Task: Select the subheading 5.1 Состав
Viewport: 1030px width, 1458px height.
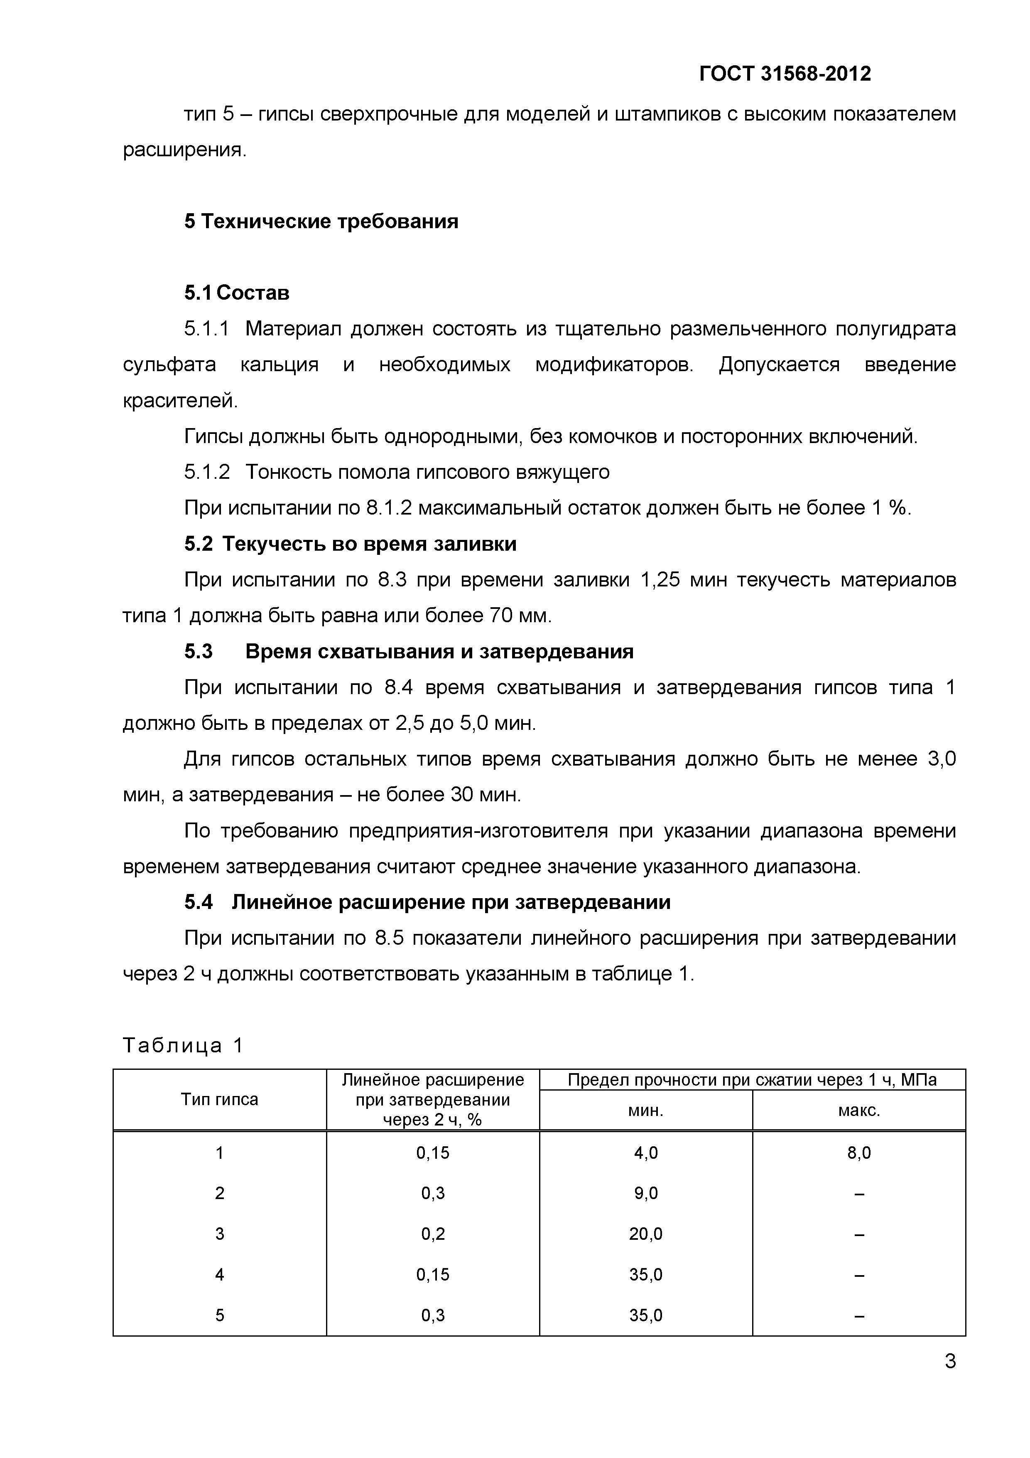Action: point(237,293)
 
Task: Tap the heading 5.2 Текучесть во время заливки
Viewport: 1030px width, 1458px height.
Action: point(350,544)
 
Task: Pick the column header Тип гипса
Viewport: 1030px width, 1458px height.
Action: point(220,1099)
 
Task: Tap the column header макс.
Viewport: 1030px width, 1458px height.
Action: point(858,1111)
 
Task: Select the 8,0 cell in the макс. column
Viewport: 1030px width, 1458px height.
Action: point(858,1153)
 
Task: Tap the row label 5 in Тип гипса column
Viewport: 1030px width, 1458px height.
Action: point(220,1315)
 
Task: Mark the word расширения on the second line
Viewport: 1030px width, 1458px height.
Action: point(184,150)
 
